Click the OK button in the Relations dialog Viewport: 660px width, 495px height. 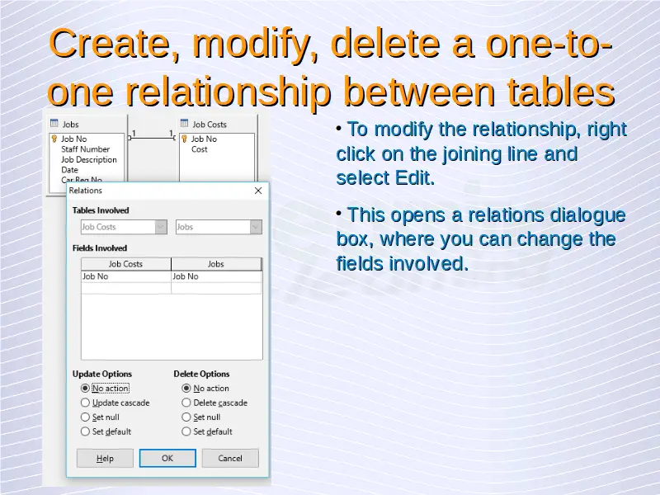click(x=167, y=458)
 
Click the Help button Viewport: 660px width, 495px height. click(x=105, y=458)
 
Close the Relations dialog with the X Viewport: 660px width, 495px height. click(x=258, y=191)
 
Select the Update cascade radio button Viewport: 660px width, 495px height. click(x=85, y=403)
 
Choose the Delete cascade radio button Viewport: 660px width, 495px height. click(x=186, y=403)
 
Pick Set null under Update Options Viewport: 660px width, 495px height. click(x=85, y=417)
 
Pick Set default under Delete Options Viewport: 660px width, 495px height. click(x=186, y=431)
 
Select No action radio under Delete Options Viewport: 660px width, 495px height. click(x=186, y=388)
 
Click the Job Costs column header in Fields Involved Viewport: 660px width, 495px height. click(x=126, y=264)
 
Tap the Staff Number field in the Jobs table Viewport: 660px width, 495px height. click(x=86, y=149)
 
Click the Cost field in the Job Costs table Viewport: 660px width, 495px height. click(x=199, y=149)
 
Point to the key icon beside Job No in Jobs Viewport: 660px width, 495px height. click(x=54, y=139)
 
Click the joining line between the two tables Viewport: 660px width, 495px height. click(x=152, y=138)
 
